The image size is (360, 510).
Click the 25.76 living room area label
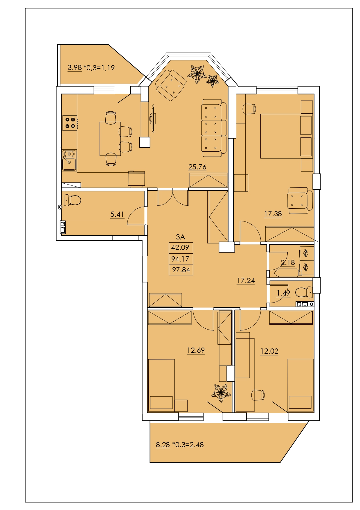pos(197,167)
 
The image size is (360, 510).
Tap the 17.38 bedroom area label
pos(273,214)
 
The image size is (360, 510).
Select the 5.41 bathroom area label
pos(117,214)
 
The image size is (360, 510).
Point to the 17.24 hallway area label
pos(246,280)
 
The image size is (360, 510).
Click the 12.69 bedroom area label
pos(196,350)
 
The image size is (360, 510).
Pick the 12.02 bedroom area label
pos(269,351)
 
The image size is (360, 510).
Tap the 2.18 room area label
pos(288,262)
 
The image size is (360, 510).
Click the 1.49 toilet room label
pos(283,293)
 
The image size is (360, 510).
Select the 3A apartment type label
pos(181,237)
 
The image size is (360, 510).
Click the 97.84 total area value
pos(181,270)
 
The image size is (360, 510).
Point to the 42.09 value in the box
pos(180,247)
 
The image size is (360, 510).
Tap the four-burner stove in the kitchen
pos(70,123)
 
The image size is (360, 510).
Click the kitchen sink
pos(69,160)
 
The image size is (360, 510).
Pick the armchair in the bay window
pos(171,85)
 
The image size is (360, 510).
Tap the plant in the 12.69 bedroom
pos(221,393)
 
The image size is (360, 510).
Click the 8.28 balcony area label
pos(163,445)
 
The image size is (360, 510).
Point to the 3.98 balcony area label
pos(75,68)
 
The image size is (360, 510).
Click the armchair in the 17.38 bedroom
pos(300,201)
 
